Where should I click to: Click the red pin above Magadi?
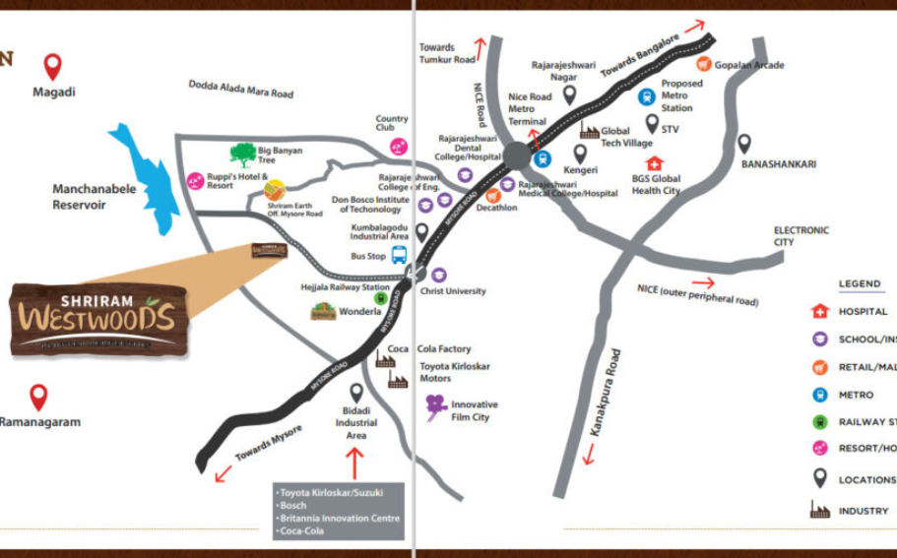point(53,67)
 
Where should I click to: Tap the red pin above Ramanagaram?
point(38,397)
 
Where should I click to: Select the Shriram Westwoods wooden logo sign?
point(98,318)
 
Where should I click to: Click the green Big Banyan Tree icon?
point(241,155)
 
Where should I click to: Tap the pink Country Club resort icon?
point(399,147)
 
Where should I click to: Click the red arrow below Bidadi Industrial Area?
point(355,462)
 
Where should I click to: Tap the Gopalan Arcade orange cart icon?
point(704,64)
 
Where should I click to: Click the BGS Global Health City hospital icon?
point(654,163)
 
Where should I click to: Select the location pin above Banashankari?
point(744,144)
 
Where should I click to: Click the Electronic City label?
point(801,236)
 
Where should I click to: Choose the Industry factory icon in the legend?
point(819,510)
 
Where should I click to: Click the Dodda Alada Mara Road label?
point(240,89)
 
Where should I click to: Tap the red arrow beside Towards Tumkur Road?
point(481,46)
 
